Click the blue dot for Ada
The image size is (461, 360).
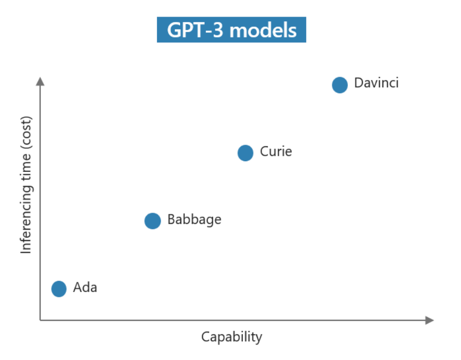point(59,288)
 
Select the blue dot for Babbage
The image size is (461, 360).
point(153,220)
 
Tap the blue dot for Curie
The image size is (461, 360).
point(246,153)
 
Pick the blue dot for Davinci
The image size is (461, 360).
point(340,85)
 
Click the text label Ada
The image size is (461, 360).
point(85,288)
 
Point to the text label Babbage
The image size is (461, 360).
point(194,220)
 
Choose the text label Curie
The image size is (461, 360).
point(276,152)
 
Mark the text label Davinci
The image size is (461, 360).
point(376,84)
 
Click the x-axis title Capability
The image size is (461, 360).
point(232,337)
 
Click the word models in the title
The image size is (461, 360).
point(263,30)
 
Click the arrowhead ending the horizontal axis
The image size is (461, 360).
point(429,320)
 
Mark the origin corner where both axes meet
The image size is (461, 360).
point(40,320)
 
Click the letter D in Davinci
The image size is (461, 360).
point(359,84)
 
